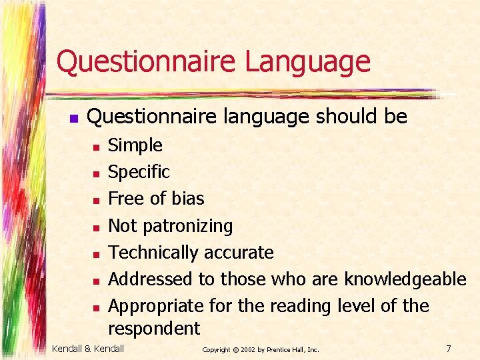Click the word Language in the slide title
tap(307, 61)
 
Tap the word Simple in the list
tap(135, 145)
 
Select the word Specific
tap(139, 172)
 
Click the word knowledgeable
tap(405, 279)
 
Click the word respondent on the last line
tap(154, 328)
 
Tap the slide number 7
tap(449, 349)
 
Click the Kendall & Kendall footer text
tap(88, 349)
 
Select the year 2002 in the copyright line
tap(247, 349)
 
